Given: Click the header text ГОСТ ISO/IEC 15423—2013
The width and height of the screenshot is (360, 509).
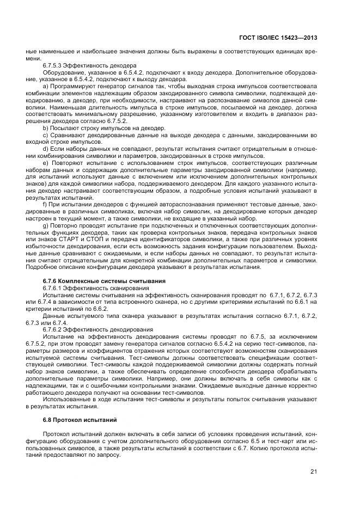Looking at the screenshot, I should point(278,38).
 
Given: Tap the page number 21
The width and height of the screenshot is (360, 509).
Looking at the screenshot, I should point(314,471).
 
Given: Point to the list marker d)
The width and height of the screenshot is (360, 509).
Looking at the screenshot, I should point(45,149).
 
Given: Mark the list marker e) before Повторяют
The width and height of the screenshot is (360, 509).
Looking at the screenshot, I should point(45,163).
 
